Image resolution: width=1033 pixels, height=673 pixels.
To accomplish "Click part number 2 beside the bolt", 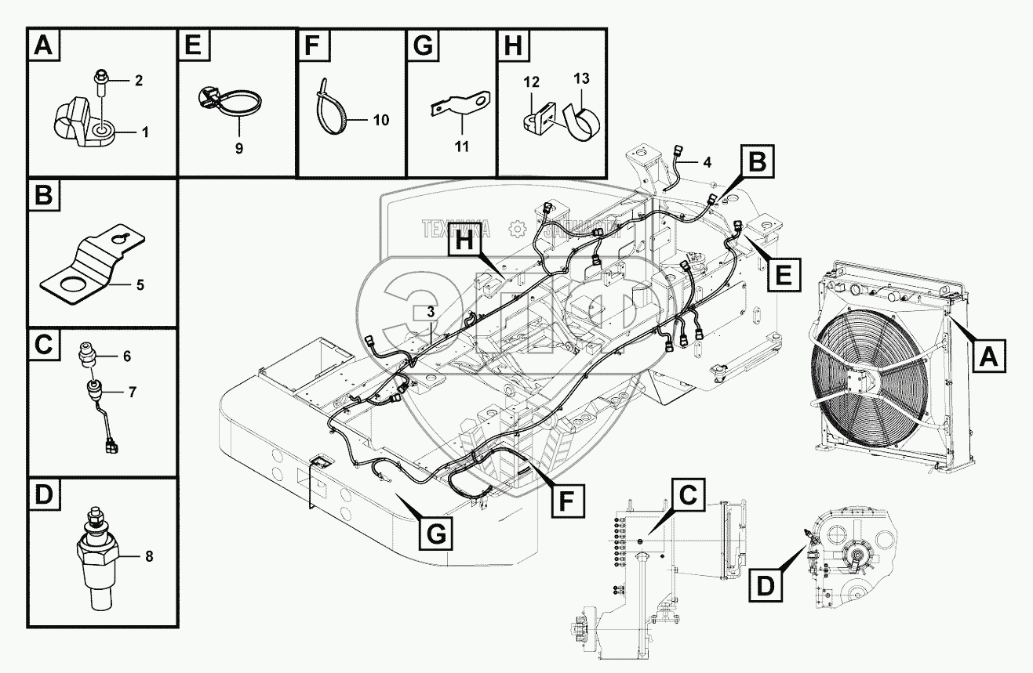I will (x=138, y=80).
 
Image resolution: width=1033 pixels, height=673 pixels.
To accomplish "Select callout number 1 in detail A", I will (x=145, y=132).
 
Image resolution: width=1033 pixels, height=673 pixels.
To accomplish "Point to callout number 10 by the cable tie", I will (x=380, y=120).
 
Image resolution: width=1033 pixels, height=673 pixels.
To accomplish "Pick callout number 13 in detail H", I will (x=581, y=79).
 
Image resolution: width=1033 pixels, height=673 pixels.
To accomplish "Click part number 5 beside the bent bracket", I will (x=140, y=284).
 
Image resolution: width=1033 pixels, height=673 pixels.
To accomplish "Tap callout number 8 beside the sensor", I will (x=149, y=557).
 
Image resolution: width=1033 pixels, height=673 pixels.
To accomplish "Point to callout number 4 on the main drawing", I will (x=707, y=163).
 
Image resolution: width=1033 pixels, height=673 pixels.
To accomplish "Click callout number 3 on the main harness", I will (x=430, y=312).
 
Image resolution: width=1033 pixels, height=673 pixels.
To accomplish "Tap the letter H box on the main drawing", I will (x=465, y=244).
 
